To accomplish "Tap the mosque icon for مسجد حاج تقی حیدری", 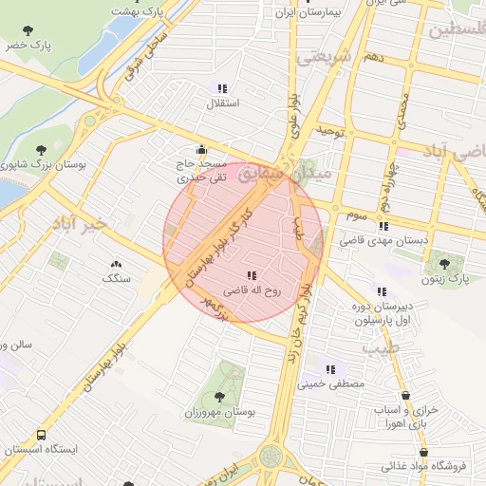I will click(x=200, y=150).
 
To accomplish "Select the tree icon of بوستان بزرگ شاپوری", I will click(x=41, y=150).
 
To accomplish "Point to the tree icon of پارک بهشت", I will click(x=138, y=2).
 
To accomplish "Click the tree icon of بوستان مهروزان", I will click(x=219, y=397).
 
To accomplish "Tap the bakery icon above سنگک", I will click(x=117, y=265).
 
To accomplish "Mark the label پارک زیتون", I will click(x=446, y=279).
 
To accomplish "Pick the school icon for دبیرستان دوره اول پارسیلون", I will click(x=382, y=291).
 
